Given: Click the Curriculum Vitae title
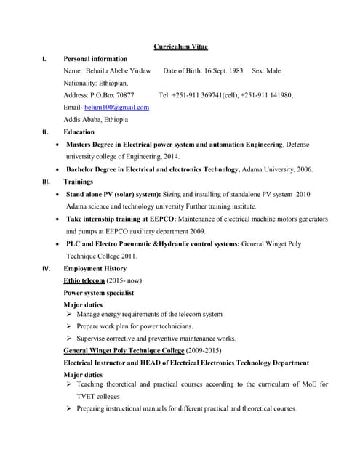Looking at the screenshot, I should (180, 46).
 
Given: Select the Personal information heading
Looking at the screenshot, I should (95, 59).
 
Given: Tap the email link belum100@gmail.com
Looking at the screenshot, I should (117, 108).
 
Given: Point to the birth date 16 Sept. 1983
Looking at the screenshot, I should (220, 71).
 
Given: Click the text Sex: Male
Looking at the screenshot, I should (266, 71).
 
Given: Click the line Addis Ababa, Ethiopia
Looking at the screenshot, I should (96, 120).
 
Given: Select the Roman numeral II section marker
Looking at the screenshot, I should (45, 132).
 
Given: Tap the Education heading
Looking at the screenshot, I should (79, 132).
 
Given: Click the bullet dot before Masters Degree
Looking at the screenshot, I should (57, 145).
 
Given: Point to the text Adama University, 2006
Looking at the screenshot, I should (277, 169).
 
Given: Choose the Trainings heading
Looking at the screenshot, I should (79, 182).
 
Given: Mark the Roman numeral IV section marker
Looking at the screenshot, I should (46, 269).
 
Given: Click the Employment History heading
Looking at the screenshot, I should (95, 269).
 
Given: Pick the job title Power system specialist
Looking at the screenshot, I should (99, 293).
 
